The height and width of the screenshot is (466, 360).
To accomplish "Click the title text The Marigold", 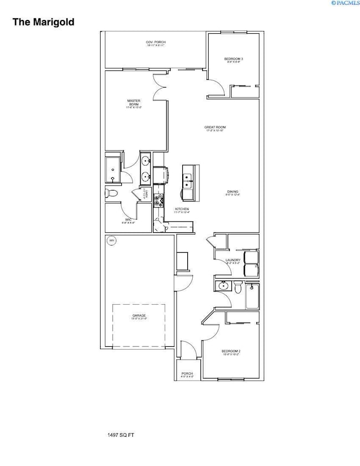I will pos(43,22).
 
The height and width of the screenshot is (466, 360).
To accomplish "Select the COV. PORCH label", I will pos(156,43).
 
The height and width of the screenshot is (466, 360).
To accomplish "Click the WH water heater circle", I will pos(111,240).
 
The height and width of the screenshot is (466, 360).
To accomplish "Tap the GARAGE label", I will pos(138,316).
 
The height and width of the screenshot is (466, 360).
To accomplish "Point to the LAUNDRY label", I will pos(233,261).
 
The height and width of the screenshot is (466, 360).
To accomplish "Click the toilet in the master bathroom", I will pos(110,193).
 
